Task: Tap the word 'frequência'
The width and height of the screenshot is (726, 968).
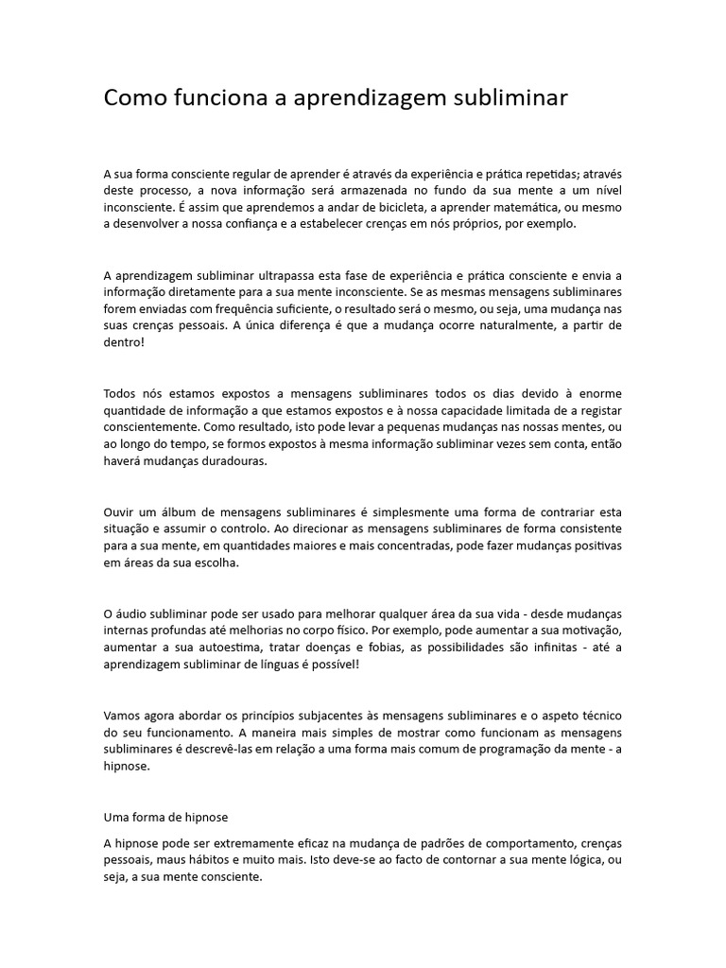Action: tap(253, 309)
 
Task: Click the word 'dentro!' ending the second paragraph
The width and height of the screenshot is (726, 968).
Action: tap(124, 343)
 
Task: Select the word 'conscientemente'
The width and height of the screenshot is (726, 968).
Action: tap(152, 427)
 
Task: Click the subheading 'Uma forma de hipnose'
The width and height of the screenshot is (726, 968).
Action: tap(165, 816)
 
